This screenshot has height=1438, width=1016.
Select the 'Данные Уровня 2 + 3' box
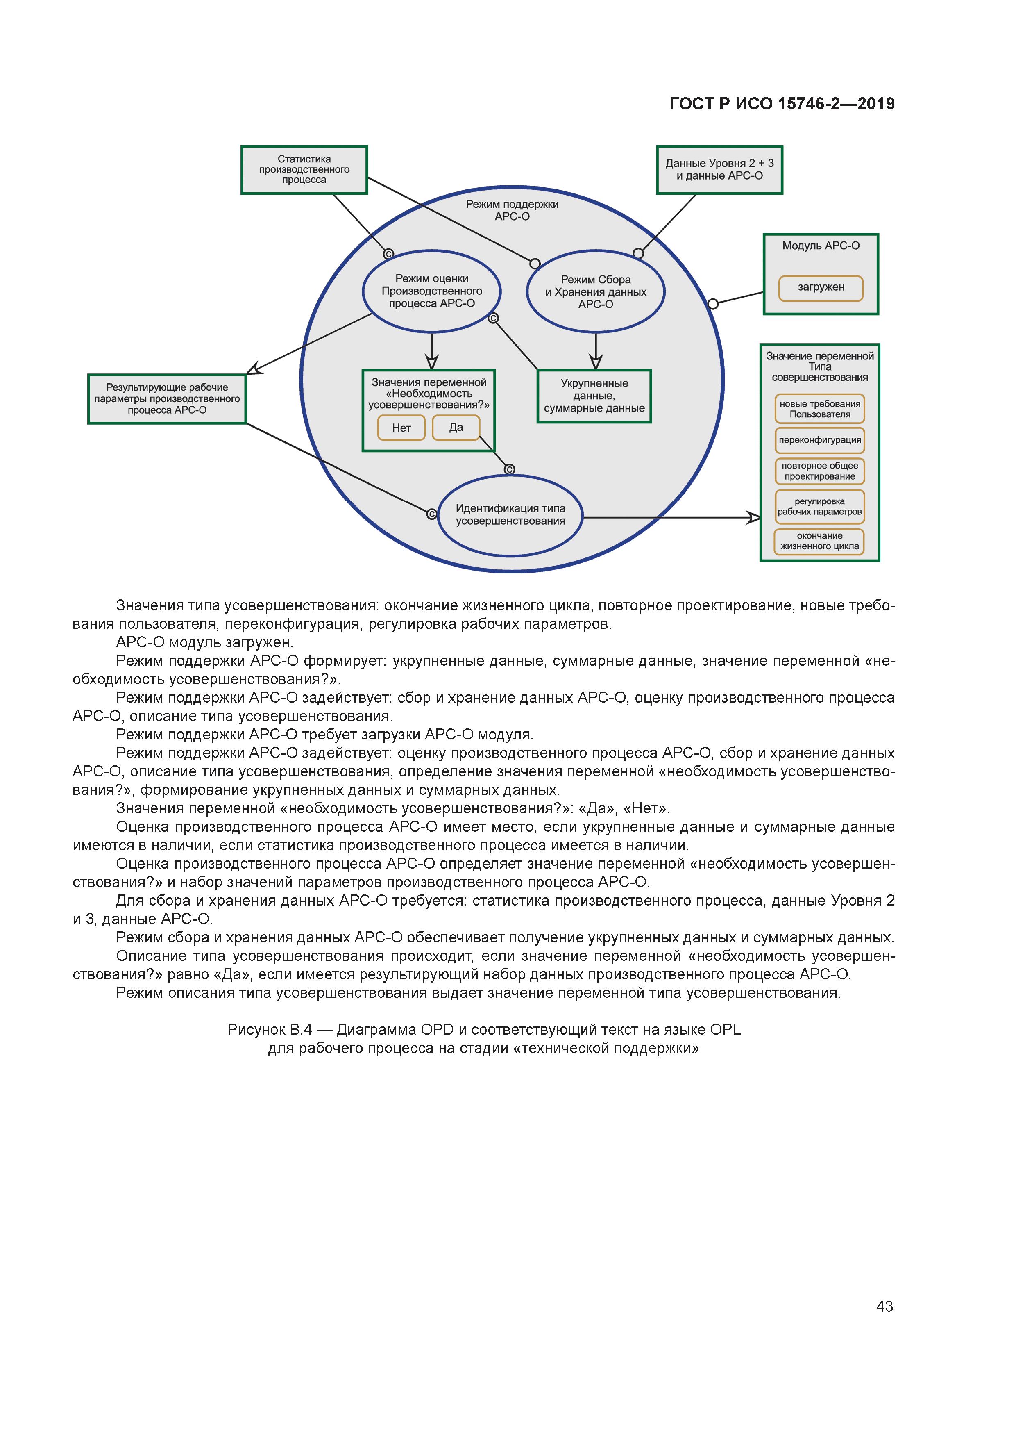coord(719,170)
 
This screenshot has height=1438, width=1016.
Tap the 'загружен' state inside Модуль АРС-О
coord(821,287)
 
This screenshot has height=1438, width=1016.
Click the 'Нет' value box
coord(401,428)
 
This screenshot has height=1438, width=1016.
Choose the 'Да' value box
coord(456,427)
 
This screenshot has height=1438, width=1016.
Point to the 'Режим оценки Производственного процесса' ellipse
coord(431,291)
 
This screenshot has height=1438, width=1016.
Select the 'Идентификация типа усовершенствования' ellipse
coord(510,515)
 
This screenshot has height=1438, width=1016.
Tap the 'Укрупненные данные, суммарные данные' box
coord(594,396)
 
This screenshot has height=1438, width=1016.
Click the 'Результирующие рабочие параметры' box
coord(167,399)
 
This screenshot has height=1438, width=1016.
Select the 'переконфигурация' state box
coord(819,440)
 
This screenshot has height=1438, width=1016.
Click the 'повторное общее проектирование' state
coord(819,471)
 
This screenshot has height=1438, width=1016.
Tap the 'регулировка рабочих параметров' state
coord(819,507)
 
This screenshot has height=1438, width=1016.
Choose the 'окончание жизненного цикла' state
coord(819,541)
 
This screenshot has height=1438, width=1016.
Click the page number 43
coord(884,1306)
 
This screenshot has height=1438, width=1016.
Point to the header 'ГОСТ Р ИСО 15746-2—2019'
coord(782,104)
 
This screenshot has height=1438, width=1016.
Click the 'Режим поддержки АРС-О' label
coord(512,210)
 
